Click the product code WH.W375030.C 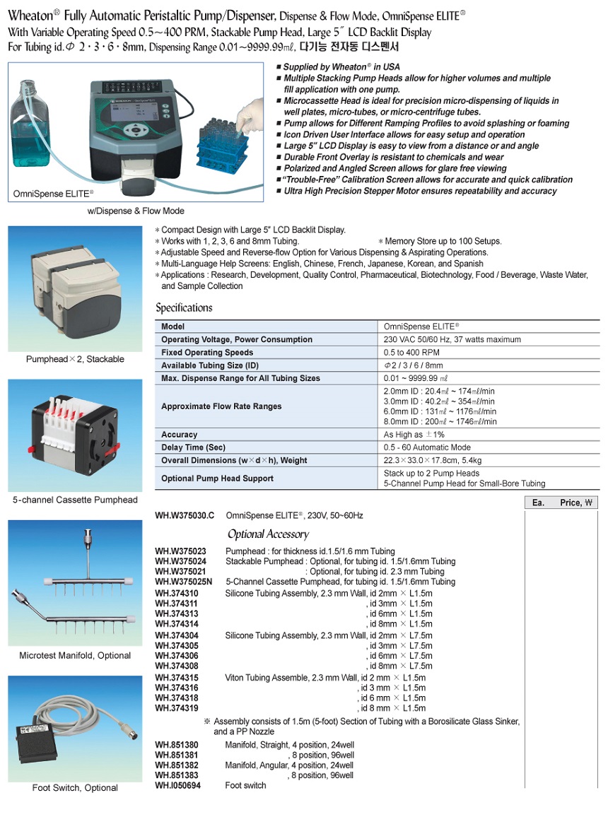(x=185, y=516)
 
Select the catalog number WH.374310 (x=177, y=594)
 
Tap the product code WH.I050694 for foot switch (x=177, y=785)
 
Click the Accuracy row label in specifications (x=180, y=435)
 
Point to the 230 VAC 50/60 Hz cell (x=452, y=339)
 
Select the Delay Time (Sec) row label (x=194, y=447)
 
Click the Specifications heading (x=184, y=308)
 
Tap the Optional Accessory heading (x=268, y=534)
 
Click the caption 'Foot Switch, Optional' (x=75, y=788)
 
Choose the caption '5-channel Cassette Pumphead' (x=75, y=500)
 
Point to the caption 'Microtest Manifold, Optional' (x=75, y=655)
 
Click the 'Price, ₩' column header (x=577, y=502)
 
